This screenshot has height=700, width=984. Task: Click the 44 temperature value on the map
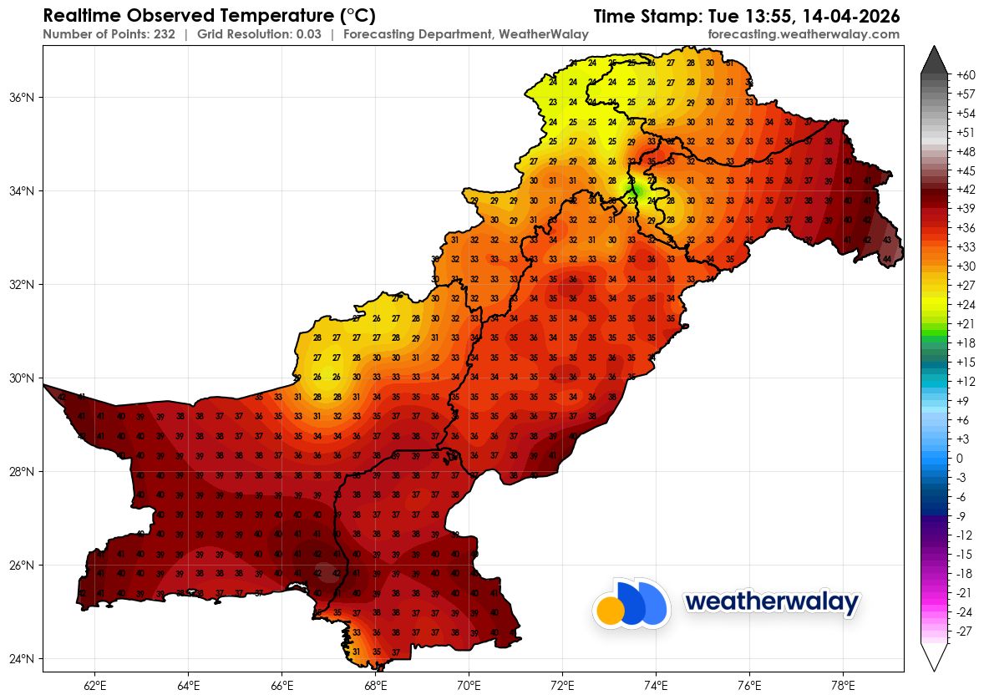886,259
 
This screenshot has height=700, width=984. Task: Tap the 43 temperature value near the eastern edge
886,240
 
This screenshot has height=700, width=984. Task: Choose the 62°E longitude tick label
95,686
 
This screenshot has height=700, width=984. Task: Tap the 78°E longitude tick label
843,686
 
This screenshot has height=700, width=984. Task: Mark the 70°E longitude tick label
469,686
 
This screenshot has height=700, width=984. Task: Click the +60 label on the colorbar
966,75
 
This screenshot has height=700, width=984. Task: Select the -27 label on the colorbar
964,632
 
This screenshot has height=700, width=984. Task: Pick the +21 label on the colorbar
966,323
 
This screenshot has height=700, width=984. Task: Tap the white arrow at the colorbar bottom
934,656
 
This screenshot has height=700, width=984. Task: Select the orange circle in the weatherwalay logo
611,611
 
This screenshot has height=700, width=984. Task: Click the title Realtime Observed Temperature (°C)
209,16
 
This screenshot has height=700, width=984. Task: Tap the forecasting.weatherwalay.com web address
803,34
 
